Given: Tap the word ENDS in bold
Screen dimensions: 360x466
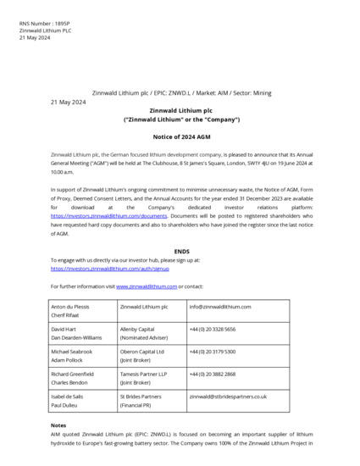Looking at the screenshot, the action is pos(181,252).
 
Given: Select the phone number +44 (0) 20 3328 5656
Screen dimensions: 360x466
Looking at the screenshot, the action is pos(213,329).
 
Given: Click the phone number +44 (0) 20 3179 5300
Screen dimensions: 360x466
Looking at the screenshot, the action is pos(213,351).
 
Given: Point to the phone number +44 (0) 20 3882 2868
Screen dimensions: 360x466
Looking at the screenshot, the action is pos(213,374).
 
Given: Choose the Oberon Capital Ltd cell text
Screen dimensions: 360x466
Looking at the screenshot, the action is pos(142,351).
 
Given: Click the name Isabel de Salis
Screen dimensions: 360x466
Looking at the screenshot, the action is pos(69,396).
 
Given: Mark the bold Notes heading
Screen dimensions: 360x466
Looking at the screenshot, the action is pos(58,424).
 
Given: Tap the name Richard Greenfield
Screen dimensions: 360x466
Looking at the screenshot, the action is pos(73,374).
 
